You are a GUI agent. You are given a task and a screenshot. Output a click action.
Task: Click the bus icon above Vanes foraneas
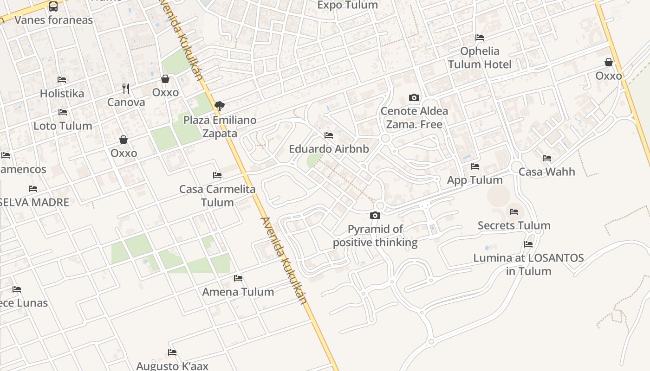click(x=53, y=6)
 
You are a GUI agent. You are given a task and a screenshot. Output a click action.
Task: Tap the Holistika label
click(x=62, y=93)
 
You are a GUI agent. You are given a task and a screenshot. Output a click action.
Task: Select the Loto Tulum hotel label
click(x=63, y=126)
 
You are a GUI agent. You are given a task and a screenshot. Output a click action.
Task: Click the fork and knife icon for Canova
click(x=125, y=88)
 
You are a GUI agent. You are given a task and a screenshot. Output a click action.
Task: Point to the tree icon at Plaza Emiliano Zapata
click(x=220, y=106)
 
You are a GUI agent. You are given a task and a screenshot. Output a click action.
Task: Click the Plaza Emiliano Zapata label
click(x=220, y=127)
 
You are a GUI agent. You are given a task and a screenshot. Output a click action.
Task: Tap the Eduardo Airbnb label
click(x=329, y=149)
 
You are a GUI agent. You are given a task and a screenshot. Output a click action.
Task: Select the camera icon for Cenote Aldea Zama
click(x=414, y=97)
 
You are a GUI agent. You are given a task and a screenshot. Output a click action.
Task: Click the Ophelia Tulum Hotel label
click(x=480, y=58)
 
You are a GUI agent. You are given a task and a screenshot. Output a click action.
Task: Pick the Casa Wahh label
click(x=546, y=172)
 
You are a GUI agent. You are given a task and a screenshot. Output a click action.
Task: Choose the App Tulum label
click(x=474, y=180)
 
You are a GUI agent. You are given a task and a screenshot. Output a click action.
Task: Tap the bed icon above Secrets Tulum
click(x=514, y=212)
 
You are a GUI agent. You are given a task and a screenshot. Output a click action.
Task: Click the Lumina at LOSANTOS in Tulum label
click(x=528, y=264)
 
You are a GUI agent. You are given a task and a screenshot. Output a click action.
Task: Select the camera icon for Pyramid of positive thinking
click(x=375, y=215)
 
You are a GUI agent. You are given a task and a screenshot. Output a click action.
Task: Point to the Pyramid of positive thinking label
click(x=375, y=236)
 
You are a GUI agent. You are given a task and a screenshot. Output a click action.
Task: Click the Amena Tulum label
click(x=238, y=292)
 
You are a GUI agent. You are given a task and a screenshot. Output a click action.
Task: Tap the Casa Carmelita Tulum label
click(x=217, y=196)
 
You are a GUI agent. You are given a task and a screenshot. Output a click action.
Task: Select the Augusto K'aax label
click(x=172, y=366)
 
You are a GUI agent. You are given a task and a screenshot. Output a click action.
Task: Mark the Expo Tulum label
click(x=347, y=5)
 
